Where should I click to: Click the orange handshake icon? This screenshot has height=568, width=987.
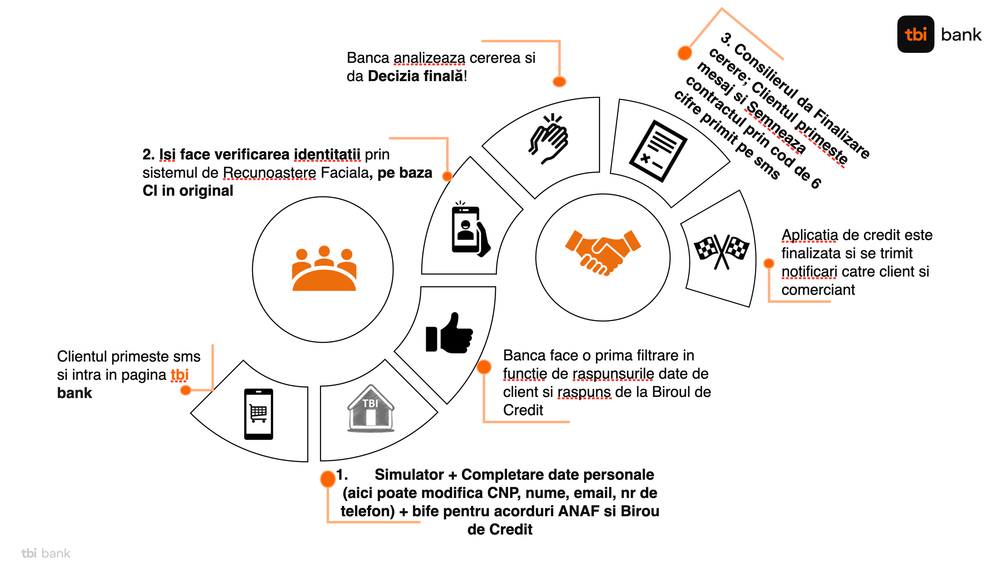click(x=603, y=252)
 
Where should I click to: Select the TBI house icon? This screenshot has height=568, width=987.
click(x=370, y=409)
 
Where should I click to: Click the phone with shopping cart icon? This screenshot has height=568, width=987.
click(x=259, y=414)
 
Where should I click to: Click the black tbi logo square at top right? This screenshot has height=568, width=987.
click(x=915, y=34)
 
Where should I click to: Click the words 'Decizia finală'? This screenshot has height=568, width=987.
click(x=415, y=76)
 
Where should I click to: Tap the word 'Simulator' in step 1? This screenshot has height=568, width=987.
click(x=409, y=474)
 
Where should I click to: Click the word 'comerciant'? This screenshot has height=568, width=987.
click(x=818, y=290)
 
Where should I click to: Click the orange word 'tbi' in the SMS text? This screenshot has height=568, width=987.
click(x=179, y=375)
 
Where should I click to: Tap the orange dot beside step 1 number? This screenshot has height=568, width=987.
click(x=328, y=479)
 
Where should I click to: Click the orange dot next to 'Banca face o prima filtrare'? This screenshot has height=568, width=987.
click(x=484, y=367)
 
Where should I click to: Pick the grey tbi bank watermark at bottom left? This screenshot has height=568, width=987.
click(x=46, y=553)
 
